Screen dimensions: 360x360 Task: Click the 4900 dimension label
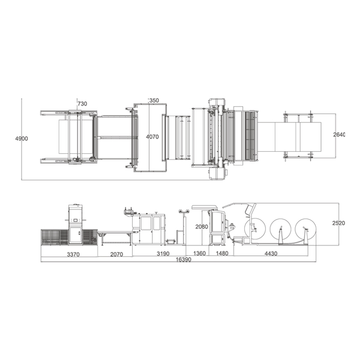tap(22, 138)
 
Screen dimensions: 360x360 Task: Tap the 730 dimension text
tap(82, 104)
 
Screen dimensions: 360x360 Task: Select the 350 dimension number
tap(154, 100)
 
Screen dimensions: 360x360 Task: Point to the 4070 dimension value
tap(152, 137)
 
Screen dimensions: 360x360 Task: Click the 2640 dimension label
tap(339, 135)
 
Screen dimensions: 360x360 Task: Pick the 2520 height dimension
tap(338, 223)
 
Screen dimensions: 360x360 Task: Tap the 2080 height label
tap(202, 227)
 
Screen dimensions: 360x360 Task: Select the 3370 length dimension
tap(73, 255)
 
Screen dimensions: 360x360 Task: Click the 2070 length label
tap(117, 255)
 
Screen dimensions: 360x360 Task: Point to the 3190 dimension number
tap(163, 254)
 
